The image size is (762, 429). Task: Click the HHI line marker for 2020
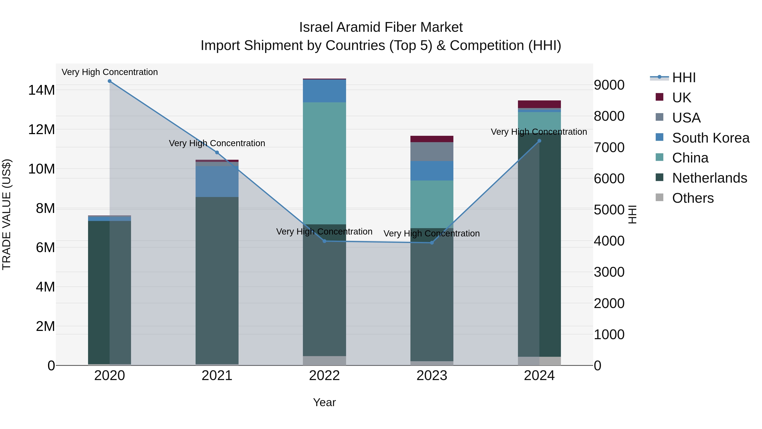pos(109,81)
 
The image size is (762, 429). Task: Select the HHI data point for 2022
pos(324,241)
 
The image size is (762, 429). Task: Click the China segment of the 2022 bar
pos(324,163)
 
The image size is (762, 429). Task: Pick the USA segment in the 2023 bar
pos(432,152)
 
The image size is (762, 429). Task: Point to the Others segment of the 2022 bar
pos(324,361)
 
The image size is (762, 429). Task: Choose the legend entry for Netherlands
pos(709,178)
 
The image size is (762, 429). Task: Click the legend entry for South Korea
pos(711,138)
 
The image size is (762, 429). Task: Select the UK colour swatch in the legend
pos(659,97)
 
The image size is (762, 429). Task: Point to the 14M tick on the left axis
pos(41,90)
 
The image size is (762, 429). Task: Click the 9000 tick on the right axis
pos(609,85)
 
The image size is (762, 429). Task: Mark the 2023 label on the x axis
pos(432,376)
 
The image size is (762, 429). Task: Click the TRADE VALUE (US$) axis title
pos(7,214)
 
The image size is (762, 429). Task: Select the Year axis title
pos(324,402)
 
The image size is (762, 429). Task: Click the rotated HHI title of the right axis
pos(632,214)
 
